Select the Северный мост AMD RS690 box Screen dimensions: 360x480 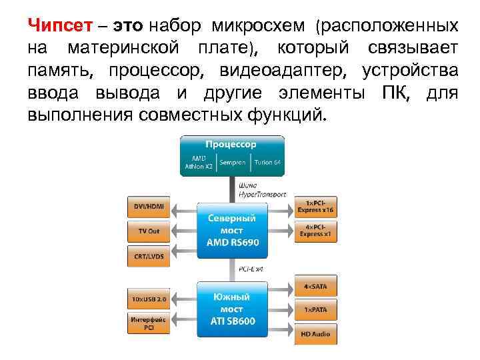[x=231, y=230]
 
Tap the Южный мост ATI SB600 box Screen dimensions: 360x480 [x=231, y=309]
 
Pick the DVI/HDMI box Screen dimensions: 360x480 [x=149, y=207]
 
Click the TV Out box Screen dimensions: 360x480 [x=149, y=231]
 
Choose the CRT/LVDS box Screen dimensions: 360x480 [x=149, y=256]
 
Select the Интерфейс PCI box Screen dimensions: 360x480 [x=149, y=323]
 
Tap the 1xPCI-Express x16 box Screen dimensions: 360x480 [x=316, y=207]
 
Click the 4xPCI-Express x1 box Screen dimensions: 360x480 [x=316, y=231]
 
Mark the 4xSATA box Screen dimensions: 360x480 [x=316, y=287]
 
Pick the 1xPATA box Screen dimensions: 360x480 [x=316, y=310]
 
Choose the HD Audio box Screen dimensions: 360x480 [x=316, y=333]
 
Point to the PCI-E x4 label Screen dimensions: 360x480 [x=251, y=269]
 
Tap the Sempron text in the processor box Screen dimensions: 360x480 [x=233, y=162]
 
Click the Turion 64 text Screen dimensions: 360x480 [x=267, y=162]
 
